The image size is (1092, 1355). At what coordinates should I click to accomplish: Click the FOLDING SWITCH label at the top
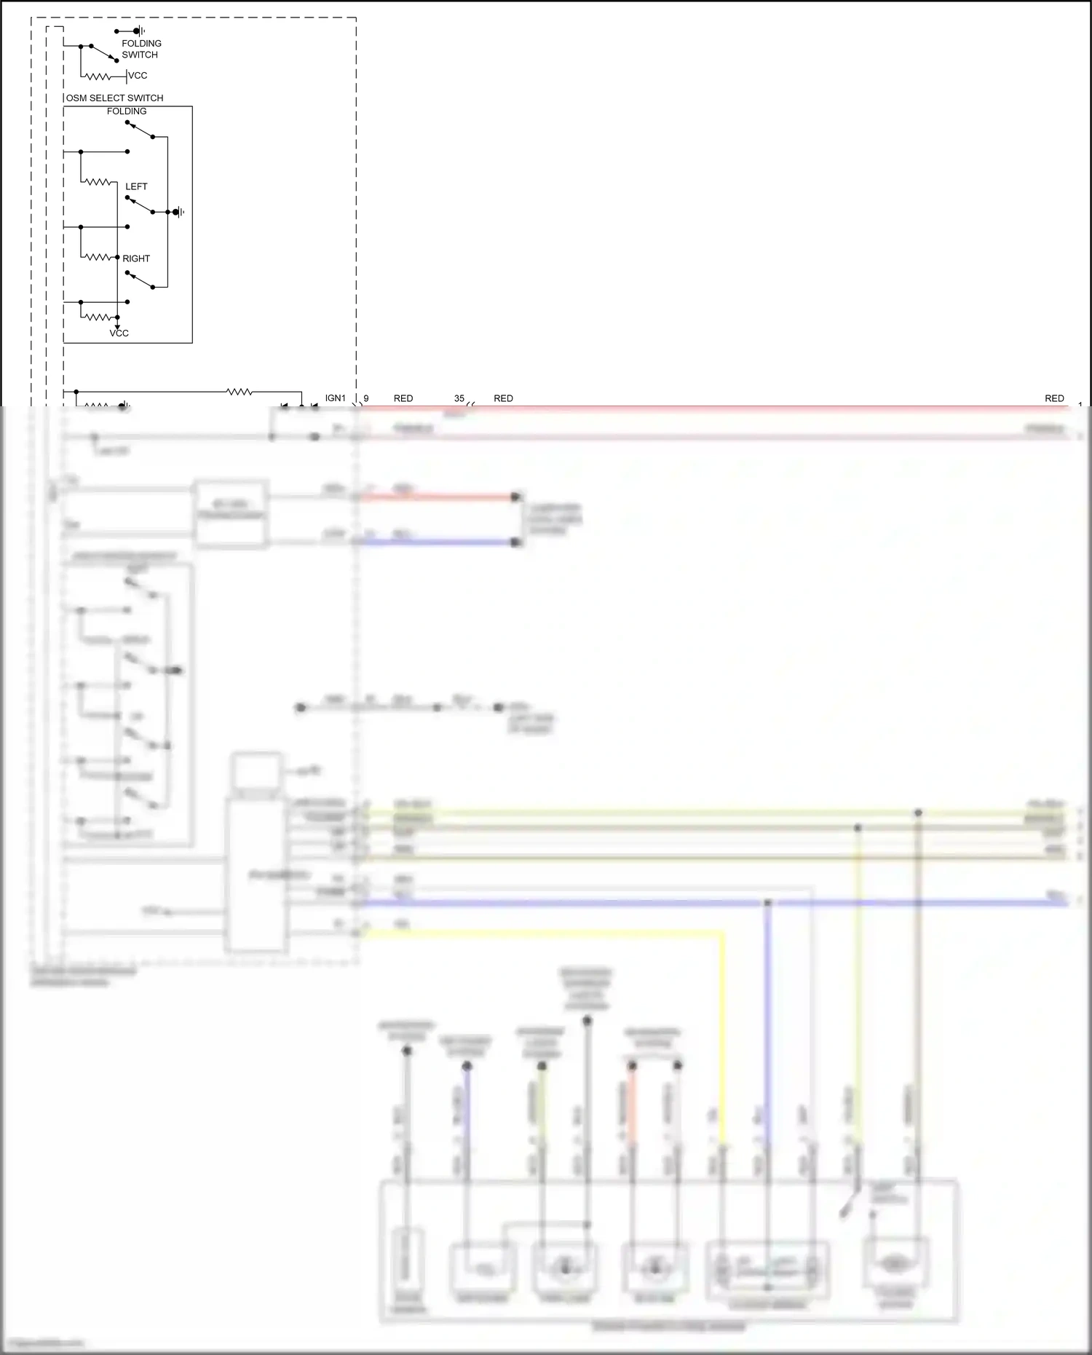pyautogui.click(x=141, y=49)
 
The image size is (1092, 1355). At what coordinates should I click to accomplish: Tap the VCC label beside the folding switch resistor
pyautogui.click(x=138, y=76)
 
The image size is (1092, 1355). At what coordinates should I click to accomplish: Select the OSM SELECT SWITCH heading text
pyautogui.click(x=115, y=98)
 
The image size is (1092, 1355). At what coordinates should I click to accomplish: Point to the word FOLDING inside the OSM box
pyautogui.click(x=127, y=111)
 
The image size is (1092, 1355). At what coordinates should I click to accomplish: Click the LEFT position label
pyautogui.click(x=136, y=186)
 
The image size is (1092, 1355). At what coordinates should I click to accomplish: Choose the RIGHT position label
pyautogui.click(x=136, y=258)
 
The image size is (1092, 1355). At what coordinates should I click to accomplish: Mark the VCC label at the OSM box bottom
pyautogui.click(x=119, y=333)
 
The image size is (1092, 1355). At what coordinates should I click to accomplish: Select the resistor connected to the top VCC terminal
pyautogui.click(x=98, y=76)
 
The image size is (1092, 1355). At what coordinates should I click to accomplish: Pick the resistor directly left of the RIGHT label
pyautogui.click(x=98, y=257)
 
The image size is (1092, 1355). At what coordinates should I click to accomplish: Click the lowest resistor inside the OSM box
pyautogui.click(x=98, y=317)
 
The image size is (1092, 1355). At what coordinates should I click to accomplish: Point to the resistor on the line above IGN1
pyautogui.click(x=240, y=392)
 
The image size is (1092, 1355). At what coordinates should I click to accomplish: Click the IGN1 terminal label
pyautogui.click(x=335, y=398)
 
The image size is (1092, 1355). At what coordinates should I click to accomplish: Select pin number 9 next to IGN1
pyautogui.click(x=366, y=398)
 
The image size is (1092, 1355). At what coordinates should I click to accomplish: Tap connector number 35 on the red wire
pyautogui.click(x=459, y=398)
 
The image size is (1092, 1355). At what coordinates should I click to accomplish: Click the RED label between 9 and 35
pyautogui.click(x=403, y=398)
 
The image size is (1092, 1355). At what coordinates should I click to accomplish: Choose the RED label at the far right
pyautogui.click(x=1054, y=398)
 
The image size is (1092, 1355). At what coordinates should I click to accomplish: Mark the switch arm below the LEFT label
pyautogui.click(x=140, y=205)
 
